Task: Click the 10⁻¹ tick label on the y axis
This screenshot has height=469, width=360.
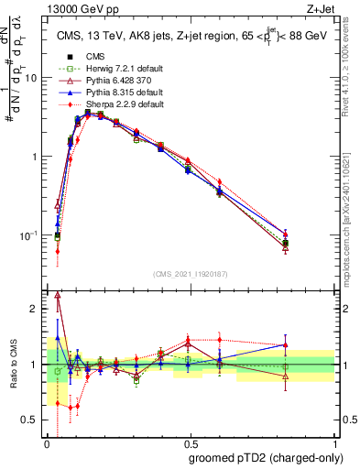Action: click(27, 235)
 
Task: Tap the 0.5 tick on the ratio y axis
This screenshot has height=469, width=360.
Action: click(32, 420)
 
